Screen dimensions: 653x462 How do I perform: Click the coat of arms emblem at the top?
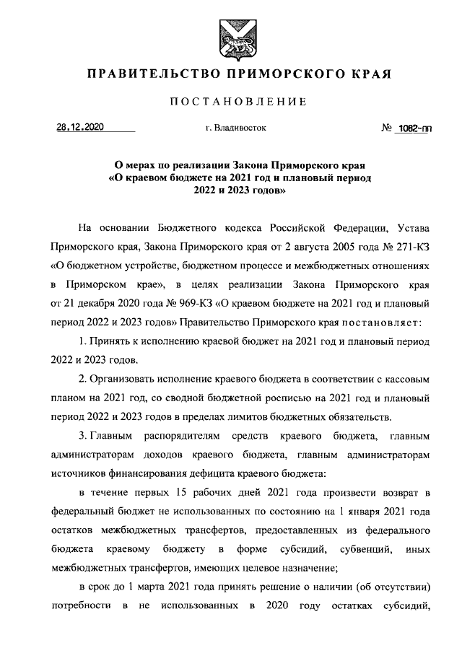231,35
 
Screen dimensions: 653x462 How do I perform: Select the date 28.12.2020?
81,128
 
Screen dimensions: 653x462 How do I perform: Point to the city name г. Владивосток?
235,128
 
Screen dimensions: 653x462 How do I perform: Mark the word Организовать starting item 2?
123,378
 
